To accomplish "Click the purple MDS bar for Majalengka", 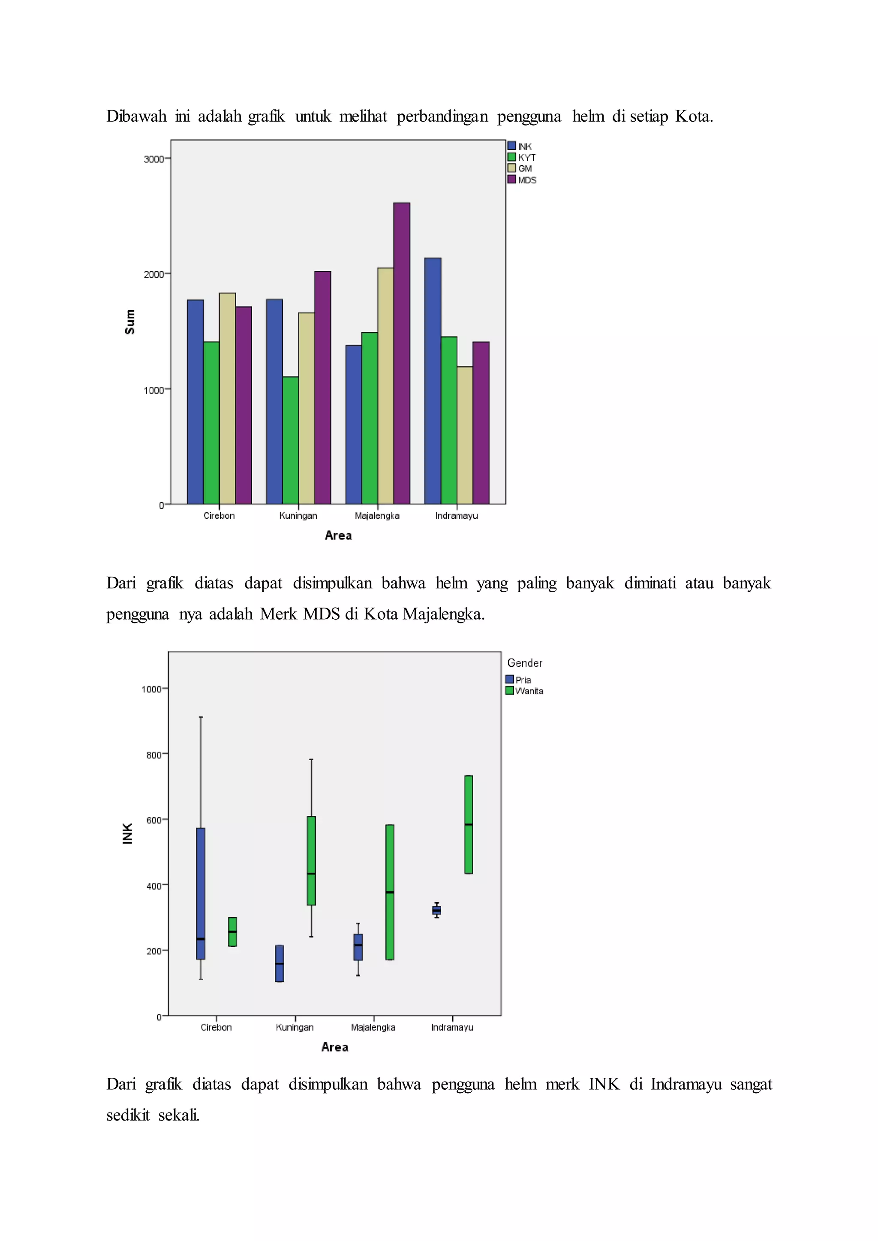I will click(x=402, y=354).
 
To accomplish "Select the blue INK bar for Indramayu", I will click(x=433, y=381).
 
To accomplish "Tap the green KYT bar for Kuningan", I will click(x=291, y=440).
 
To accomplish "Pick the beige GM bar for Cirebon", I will click(x=228, y=399).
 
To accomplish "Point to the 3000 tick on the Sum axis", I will click(x=154, y=159).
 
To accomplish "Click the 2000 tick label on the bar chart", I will click(x=154, y=274).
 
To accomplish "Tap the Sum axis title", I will click(x=130, y=322).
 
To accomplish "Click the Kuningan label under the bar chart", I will click(x=298, y=516).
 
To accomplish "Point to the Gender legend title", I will click(x=524, y=662).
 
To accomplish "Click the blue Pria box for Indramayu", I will click(x=437, y=910).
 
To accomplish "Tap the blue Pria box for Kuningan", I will click(x=280, y=963).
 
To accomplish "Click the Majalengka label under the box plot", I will click(x=373, y=1027).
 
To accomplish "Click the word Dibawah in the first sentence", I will click(x=136, y=116).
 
